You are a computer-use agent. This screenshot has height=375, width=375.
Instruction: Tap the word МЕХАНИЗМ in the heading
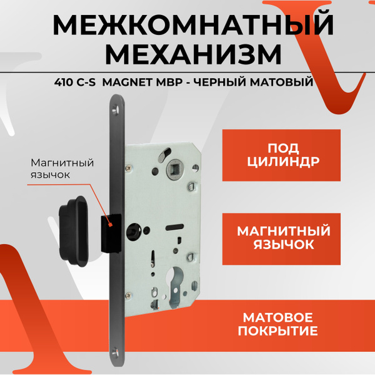pyautogui.click(x=192, y=55)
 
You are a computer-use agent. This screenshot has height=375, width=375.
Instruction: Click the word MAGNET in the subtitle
pyautogui.click(x=132, y=82)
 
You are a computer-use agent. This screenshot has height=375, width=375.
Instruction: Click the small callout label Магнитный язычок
pyautogui.click(x=62, y=168)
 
